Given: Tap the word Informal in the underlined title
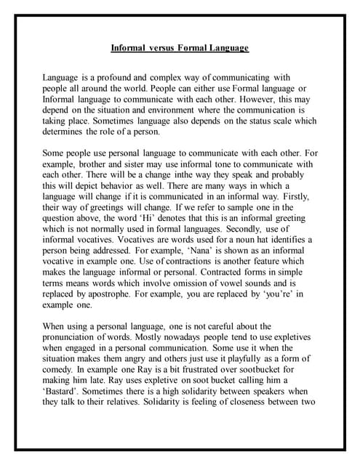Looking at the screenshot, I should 128,48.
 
